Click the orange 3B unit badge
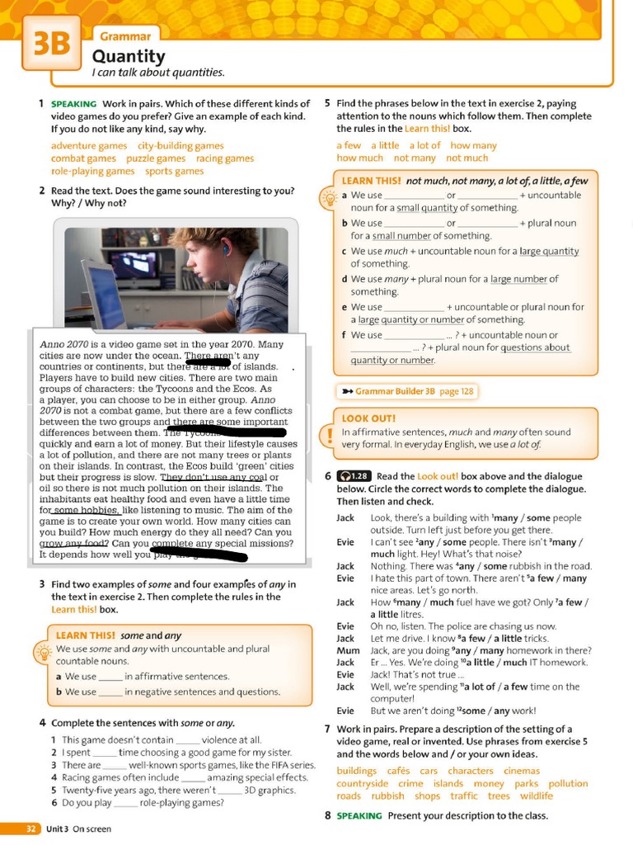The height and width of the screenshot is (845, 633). pos(51,44)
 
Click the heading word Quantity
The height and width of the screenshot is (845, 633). pos(128,56)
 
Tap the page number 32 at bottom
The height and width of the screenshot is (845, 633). pos(30,828)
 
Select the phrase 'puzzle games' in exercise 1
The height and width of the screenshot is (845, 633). pos(156,158)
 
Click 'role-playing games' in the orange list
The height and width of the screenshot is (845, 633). pos(92,171)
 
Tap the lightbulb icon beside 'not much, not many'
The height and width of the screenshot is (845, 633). pos(326,199)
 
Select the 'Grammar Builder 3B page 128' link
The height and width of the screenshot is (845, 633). pos(406,391)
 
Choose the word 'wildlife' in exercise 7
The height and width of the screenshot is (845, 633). pos(536,796)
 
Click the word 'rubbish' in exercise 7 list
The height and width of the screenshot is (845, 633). pos(387,796)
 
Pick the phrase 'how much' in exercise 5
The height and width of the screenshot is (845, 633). pos(359,158)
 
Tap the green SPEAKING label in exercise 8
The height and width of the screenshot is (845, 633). pos(359,815)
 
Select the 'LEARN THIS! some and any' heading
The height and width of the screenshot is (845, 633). pos(118,635)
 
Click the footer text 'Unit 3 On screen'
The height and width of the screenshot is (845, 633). pos(78,828)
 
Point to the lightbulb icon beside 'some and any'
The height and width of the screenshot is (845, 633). pos(40,652)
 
